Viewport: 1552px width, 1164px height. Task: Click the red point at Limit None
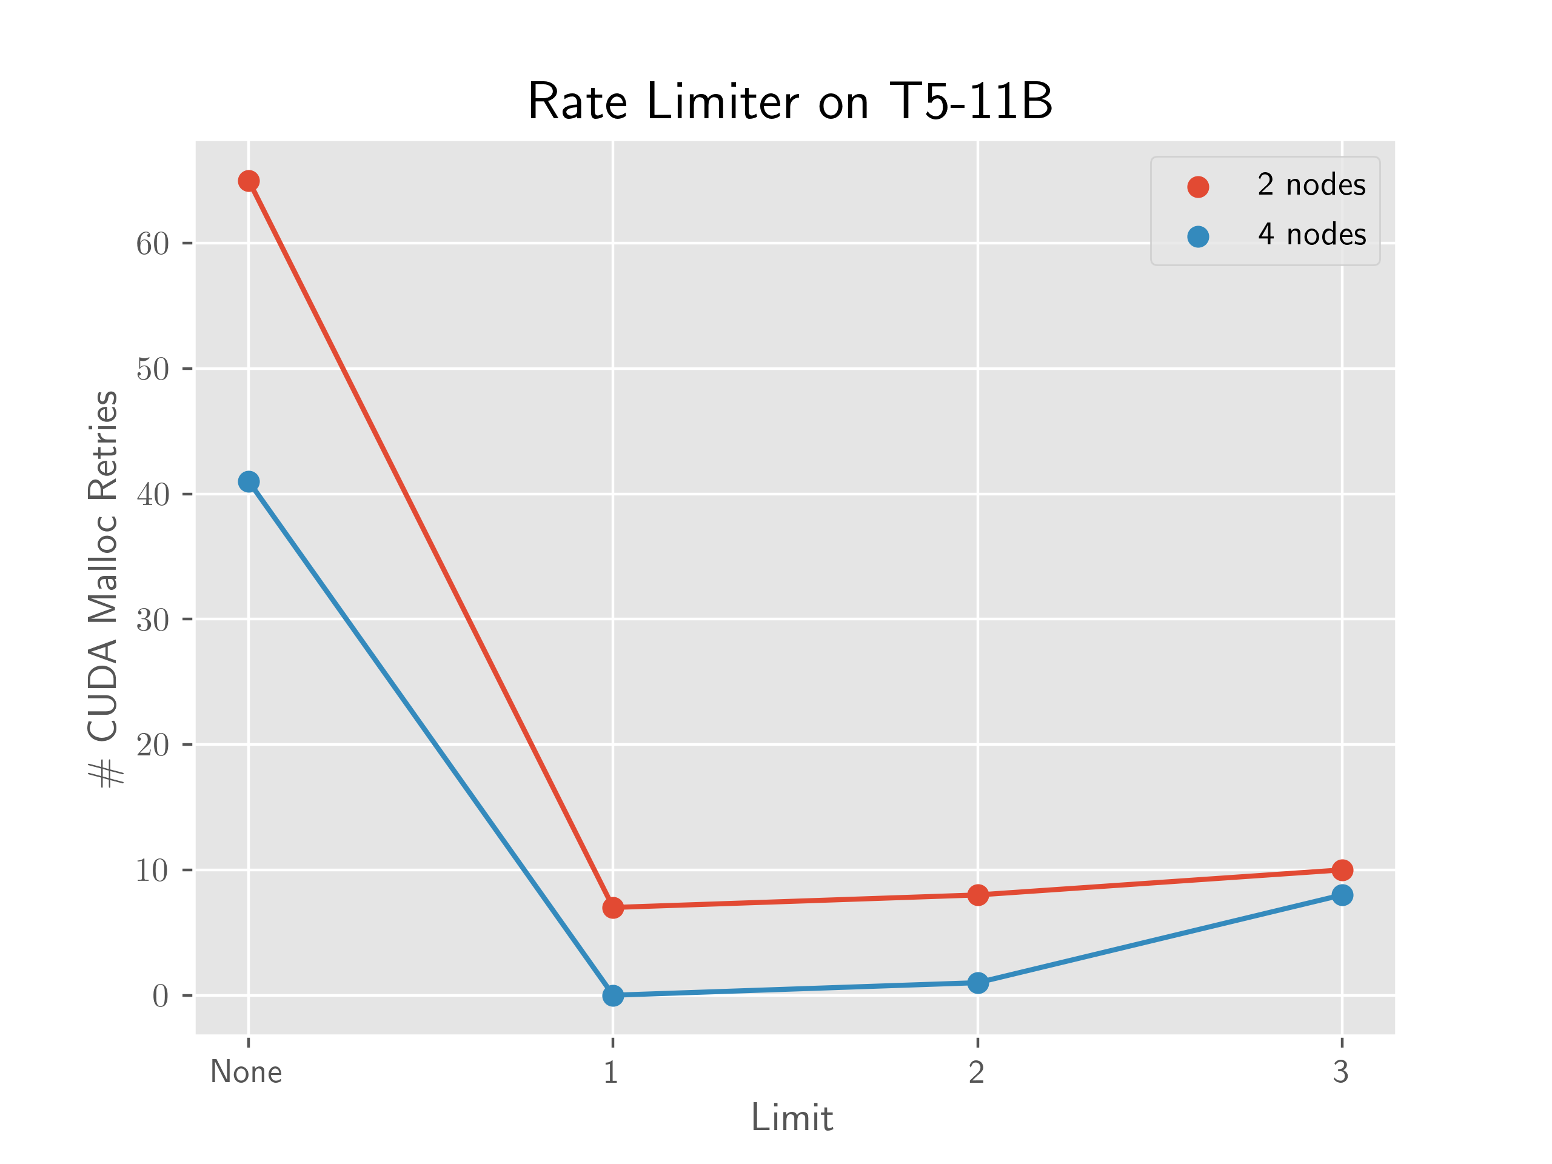click(249, 181)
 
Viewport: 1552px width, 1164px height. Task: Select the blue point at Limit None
click(249, 481)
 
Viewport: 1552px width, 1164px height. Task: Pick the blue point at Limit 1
click(612, 995)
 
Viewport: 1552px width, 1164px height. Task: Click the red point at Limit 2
click(977, 895)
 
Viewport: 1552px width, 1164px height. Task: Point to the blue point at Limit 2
click(977, 982)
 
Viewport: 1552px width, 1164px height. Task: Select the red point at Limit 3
click(1342, 870)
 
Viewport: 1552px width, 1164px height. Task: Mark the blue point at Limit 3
click(1342, 895)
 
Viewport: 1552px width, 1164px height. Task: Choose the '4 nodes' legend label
click(1311, 235)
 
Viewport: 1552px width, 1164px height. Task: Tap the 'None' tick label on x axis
click(246, 1072)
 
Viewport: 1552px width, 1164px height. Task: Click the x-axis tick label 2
click(977, 1072)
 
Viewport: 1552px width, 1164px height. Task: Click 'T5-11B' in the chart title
click(971, 102)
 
